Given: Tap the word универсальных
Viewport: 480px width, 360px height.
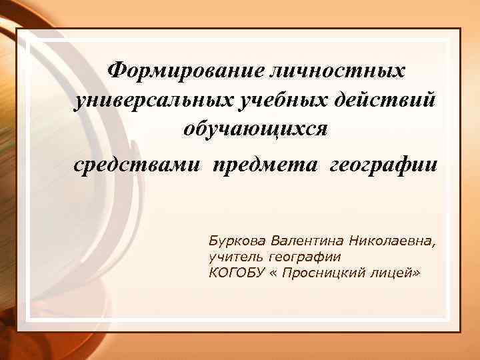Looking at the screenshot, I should (x=151, y=99).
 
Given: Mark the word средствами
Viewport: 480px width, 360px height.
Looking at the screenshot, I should (x=137, y=163).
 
